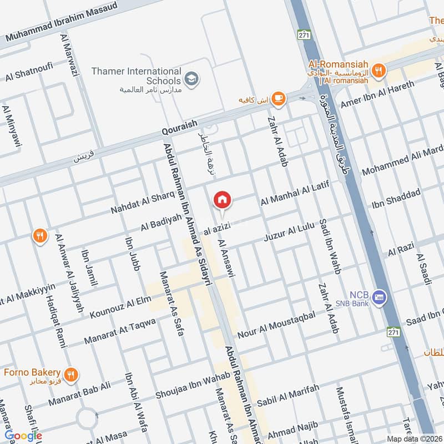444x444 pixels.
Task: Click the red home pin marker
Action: [x=223, y=199]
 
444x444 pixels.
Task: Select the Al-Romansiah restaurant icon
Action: [x=380, y=69]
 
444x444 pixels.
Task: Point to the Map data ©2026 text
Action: [x=415, y=438]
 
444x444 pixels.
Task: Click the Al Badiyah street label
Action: [x=161, y=222]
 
